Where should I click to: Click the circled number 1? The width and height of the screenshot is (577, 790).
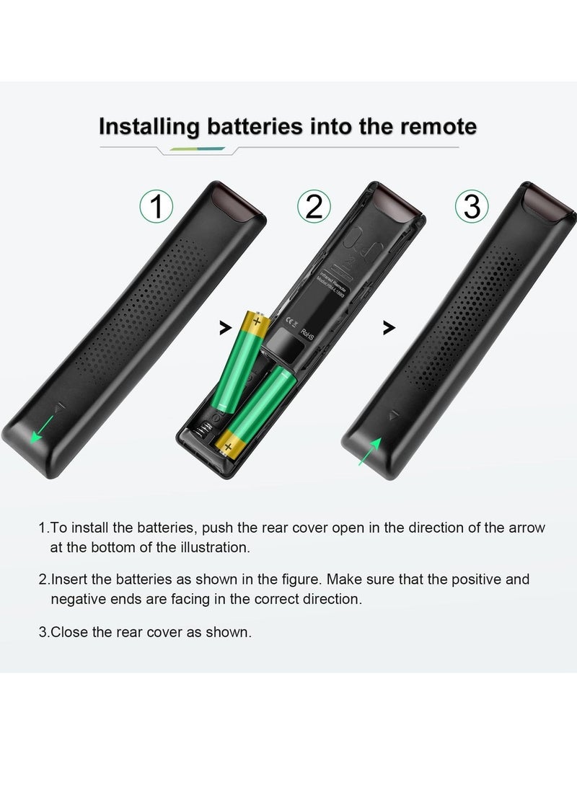pyautogui.click(x=156, y=207)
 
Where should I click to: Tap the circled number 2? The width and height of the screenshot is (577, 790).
pyautogui.click(x=314, y=207)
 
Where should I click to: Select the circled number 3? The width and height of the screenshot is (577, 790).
pyautogui.click(x=472, y=207)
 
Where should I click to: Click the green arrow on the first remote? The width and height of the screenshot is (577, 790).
pyautogui.click(x=42, y=427)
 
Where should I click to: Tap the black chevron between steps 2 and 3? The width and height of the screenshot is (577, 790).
pyautogui.click(x=389, y=328)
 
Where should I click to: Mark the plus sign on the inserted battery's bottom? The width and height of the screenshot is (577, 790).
pyautogui.click(x=229, y=447)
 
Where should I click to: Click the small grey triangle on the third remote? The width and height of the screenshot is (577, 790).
pyautogui.click(x=393, y=416)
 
